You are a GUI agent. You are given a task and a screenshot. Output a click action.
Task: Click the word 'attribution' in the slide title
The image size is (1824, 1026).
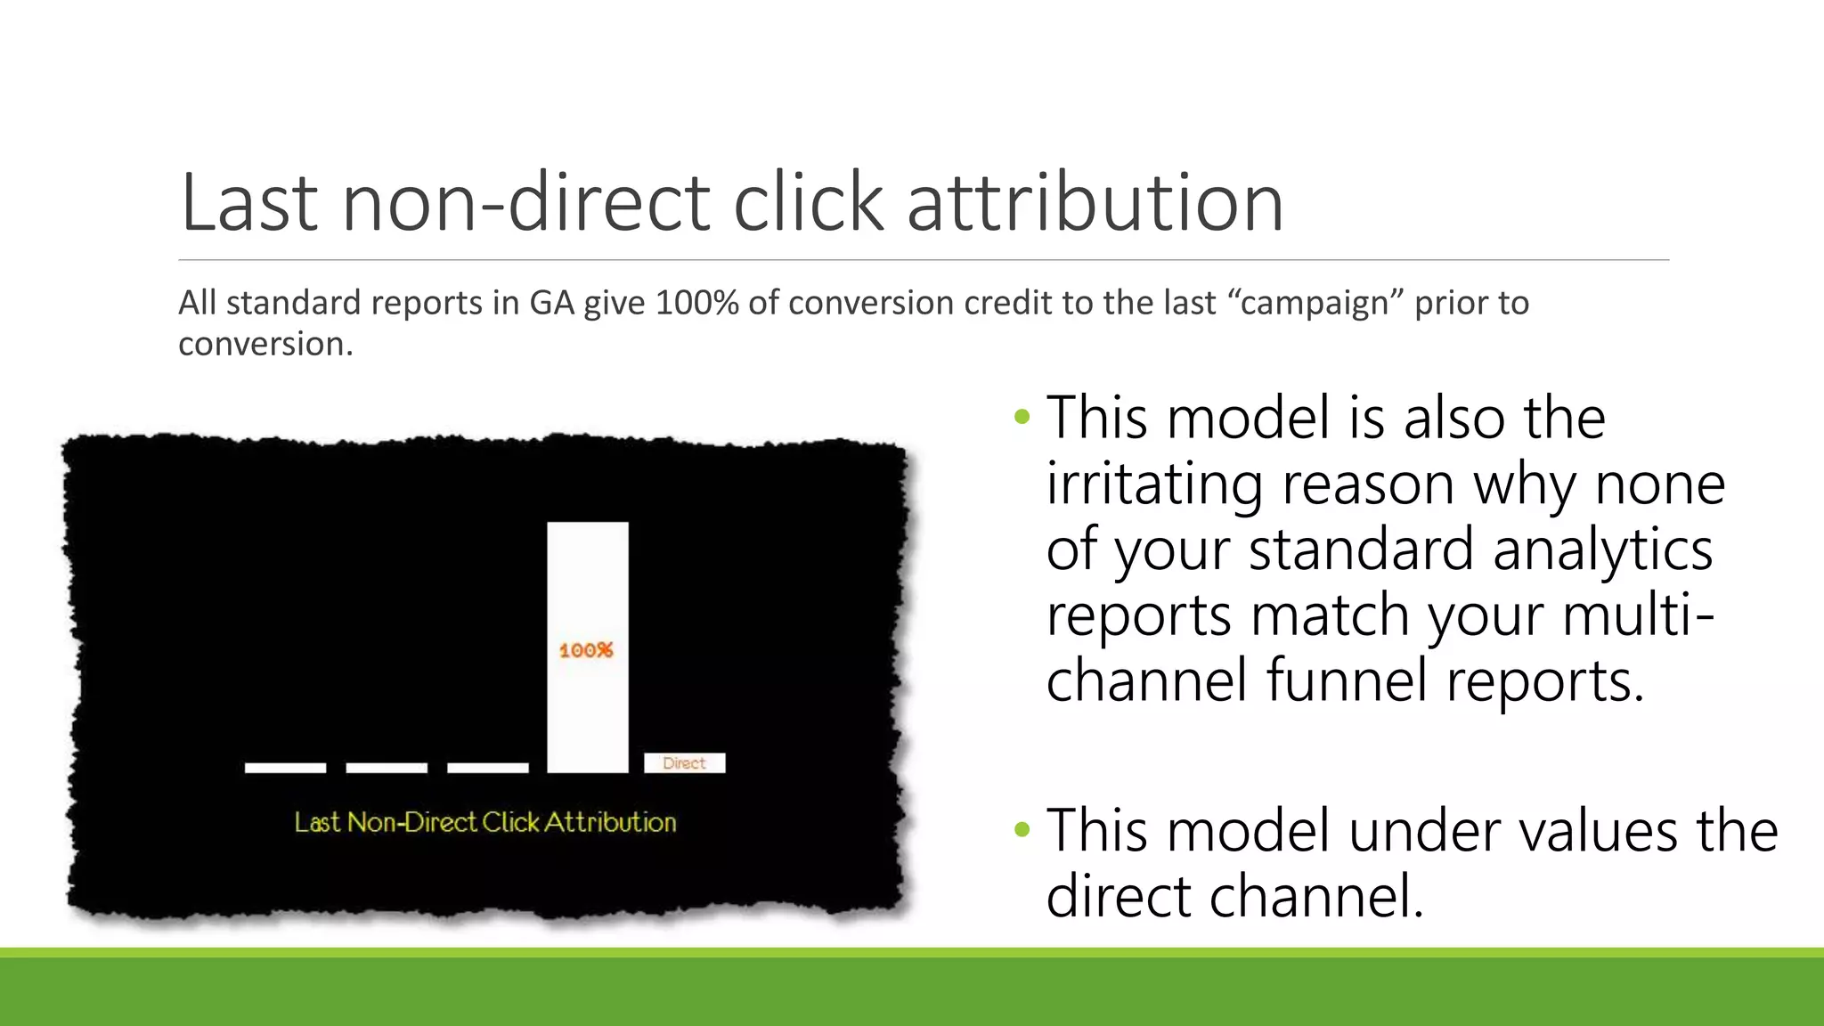point(1095,203)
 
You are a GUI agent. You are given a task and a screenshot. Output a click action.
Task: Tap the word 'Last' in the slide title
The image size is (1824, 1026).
point(248,203)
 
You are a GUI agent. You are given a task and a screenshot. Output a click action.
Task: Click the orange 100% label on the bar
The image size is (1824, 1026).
point(586,650)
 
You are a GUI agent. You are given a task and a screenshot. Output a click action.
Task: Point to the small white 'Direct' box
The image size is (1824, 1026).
point(684,763)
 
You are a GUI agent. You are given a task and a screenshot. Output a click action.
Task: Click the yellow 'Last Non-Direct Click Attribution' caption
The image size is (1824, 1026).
point(485,822)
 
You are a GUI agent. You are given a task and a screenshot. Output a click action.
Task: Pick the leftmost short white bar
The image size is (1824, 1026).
point(285,768)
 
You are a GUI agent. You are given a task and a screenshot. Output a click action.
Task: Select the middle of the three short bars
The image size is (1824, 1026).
point(387,768)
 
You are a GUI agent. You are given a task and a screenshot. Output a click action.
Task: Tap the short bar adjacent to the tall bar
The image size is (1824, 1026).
point(487,768)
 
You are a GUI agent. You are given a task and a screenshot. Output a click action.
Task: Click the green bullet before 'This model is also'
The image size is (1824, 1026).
point(1022,417)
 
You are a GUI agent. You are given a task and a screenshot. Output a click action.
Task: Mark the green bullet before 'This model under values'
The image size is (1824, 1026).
point(1022,830)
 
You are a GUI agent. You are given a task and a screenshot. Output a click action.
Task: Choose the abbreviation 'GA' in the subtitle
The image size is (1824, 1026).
point(552,303)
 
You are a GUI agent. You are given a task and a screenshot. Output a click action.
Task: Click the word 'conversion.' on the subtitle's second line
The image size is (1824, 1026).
point(265,344)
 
